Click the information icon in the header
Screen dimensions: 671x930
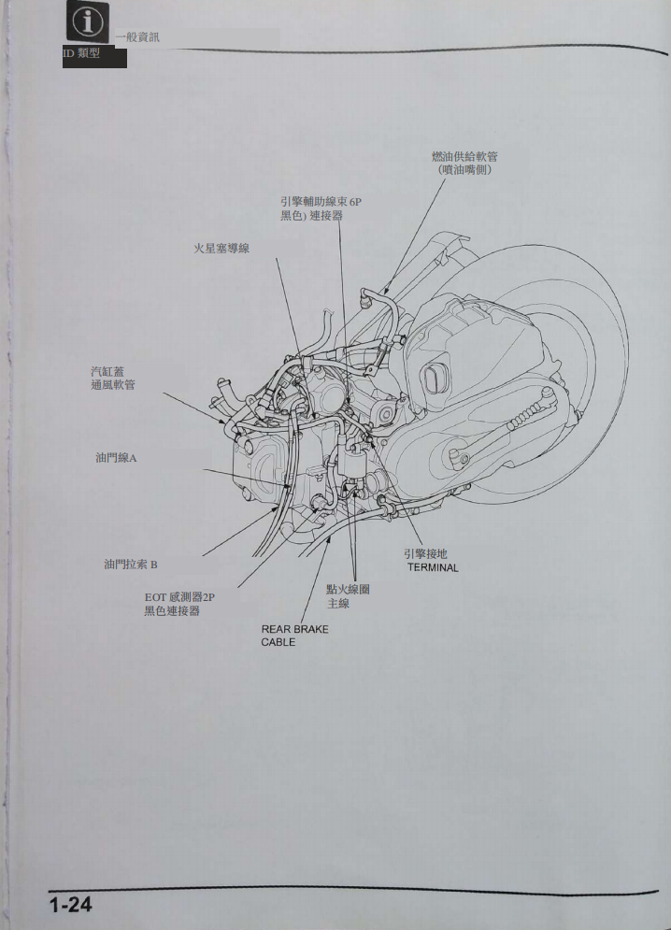[x=87, y=21]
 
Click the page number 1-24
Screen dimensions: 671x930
[x=71, y=905]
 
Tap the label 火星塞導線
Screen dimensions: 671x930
[x=221, y=248]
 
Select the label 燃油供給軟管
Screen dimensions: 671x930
[x=464, y=157]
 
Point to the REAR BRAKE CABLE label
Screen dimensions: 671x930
[x=295, y=636]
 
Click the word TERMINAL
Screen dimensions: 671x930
[x=433, y=567]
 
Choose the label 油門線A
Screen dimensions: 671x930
[x=116, y=458]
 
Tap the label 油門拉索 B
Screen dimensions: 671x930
[x=131, y=564]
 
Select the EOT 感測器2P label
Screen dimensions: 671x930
[x=179, y=597]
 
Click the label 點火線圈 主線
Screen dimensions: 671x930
[x=348, y=596]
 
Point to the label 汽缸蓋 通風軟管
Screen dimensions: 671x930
[x=113, y=379]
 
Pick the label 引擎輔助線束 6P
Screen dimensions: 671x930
[x=321, y=202]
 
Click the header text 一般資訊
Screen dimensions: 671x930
[x=137, y=37]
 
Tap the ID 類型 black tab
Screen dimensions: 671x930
[x=94, y=56]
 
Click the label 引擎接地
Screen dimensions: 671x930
[x=425, y=554]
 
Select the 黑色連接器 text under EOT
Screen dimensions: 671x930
[x=171, y=611]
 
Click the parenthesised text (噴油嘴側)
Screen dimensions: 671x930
[x=465, y=169]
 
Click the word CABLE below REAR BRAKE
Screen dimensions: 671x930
[x=278, y=642]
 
